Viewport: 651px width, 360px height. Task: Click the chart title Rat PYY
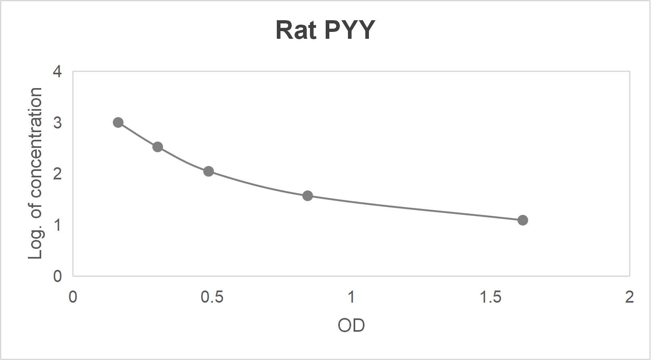point(325,30)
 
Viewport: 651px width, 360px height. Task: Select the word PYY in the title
point(350,30)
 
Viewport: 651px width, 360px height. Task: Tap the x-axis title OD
point(351,325)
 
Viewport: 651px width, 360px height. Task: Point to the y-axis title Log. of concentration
point(36,173)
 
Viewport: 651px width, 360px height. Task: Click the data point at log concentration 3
point(118,122)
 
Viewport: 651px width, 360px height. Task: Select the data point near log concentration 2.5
point(158,147)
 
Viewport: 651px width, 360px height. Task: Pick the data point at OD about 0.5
point(209,171)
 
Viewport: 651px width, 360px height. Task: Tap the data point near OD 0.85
point(308,196)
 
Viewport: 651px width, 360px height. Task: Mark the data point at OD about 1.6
point(522,220)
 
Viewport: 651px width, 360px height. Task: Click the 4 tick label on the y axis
point(57,72)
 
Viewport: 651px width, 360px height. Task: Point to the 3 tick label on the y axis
point(57,122)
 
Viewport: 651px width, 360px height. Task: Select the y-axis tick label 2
point(57,174)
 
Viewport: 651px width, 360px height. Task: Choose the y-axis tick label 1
point(57,225)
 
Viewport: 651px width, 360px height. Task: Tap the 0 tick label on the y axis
point(57,276)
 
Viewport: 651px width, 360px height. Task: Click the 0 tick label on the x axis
point(73,297)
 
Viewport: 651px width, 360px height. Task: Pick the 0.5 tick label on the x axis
point(212,297)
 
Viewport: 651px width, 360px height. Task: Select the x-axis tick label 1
point(351,297)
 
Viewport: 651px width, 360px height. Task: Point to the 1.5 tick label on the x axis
point(490,297)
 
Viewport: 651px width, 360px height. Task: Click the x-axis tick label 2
point(629,297)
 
